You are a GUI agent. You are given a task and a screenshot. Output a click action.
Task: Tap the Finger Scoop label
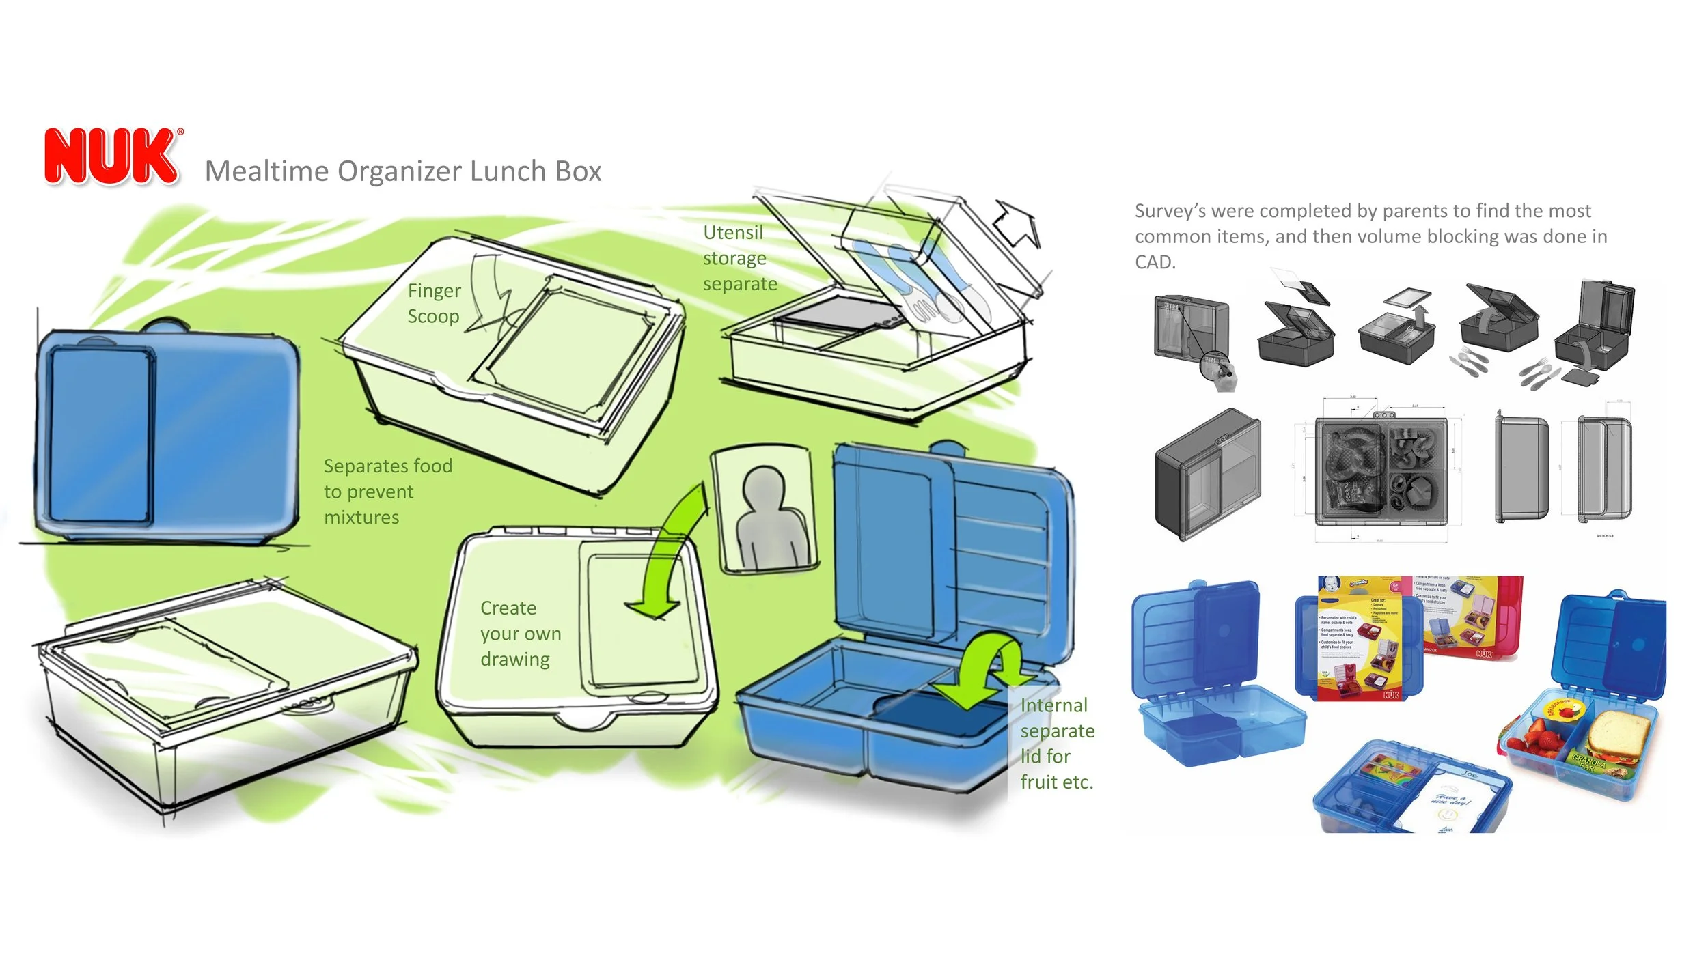point(434,303)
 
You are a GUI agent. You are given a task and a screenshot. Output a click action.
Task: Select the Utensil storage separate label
point(739,258)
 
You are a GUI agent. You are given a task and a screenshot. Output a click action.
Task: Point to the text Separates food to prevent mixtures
point(387,492)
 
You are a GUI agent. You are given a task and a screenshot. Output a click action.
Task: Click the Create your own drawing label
point(519,634)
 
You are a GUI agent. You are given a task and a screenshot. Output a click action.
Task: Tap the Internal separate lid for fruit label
point(1056,744)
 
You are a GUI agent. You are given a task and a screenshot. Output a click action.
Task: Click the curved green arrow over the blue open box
point(984,673)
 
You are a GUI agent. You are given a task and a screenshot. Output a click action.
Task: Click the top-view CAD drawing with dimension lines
point(1380,470)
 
